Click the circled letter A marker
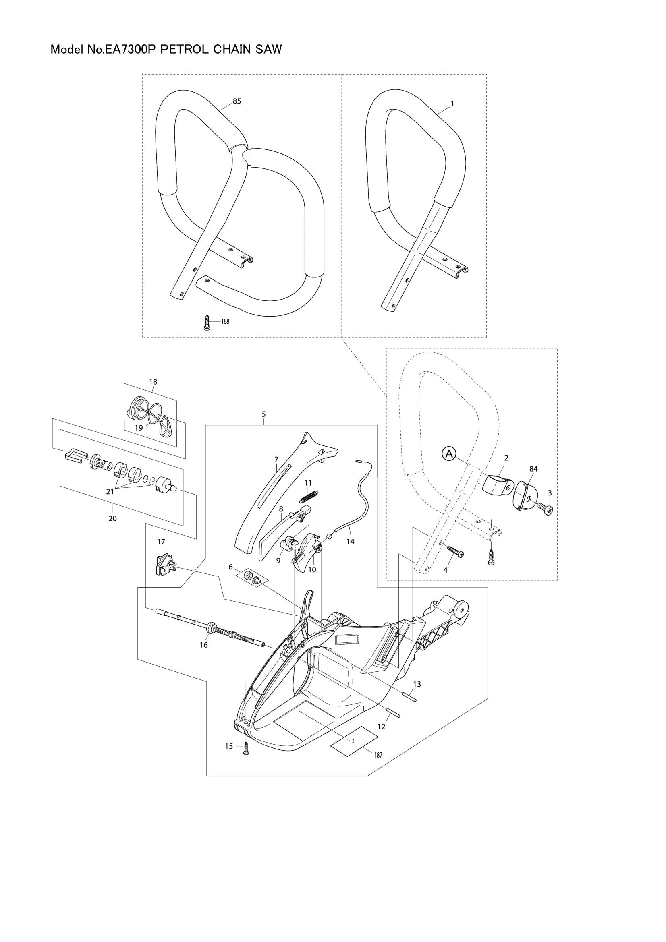click(449, 453)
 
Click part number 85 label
click(237, 101)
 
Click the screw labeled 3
click(547, 510)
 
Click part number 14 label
click(350, 541)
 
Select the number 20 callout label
click(112, 519)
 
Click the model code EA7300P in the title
click(130, 50)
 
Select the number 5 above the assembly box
click(263, 414)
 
